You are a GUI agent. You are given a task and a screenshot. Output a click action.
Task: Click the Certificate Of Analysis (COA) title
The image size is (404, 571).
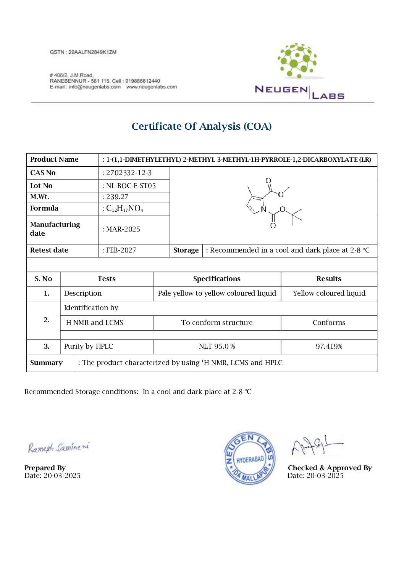point(202,126)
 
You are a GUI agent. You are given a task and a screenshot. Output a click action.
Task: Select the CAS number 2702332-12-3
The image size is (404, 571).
point(129,173)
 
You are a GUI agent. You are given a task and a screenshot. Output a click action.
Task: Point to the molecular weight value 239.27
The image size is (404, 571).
point(117,197)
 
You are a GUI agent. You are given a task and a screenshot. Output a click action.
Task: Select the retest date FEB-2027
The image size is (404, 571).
point(121,250)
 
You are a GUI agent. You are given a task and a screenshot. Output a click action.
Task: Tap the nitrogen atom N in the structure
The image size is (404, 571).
point(263,209)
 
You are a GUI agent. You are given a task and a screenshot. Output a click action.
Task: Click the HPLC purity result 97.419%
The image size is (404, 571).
point(329,346)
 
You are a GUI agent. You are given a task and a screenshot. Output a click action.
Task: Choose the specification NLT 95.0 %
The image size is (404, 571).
point(217,346)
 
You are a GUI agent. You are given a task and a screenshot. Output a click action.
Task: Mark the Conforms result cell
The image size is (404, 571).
point(329,323)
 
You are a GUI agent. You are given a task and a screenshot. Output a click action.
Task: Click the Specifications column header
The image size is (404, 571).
point(217,279)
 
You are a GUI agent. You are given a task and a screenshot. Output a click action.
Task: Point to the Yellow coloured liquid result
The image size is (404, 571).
point(329,293)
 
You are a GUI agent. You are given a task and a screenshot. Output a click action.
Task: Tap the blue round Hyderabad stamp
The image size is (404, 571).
point(250,458)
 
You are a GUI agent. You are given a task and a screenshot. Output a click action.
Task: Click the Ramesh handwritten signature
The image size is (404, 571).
point(58,447)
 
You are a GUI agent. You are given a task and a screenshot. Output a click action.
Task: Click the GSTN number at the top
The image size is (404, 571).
point(83,52)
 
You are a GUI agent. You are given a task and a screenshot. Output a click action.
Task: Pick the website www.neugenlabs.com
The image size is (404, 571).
point(152,87)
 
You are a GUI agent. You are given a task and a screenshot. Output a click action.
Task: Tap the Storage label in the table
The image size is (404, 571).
point(186,250)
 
